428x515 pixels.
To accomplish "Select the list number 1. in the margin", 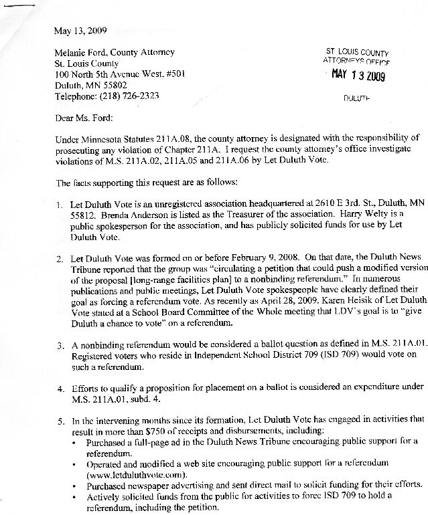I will pos(60,203).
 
